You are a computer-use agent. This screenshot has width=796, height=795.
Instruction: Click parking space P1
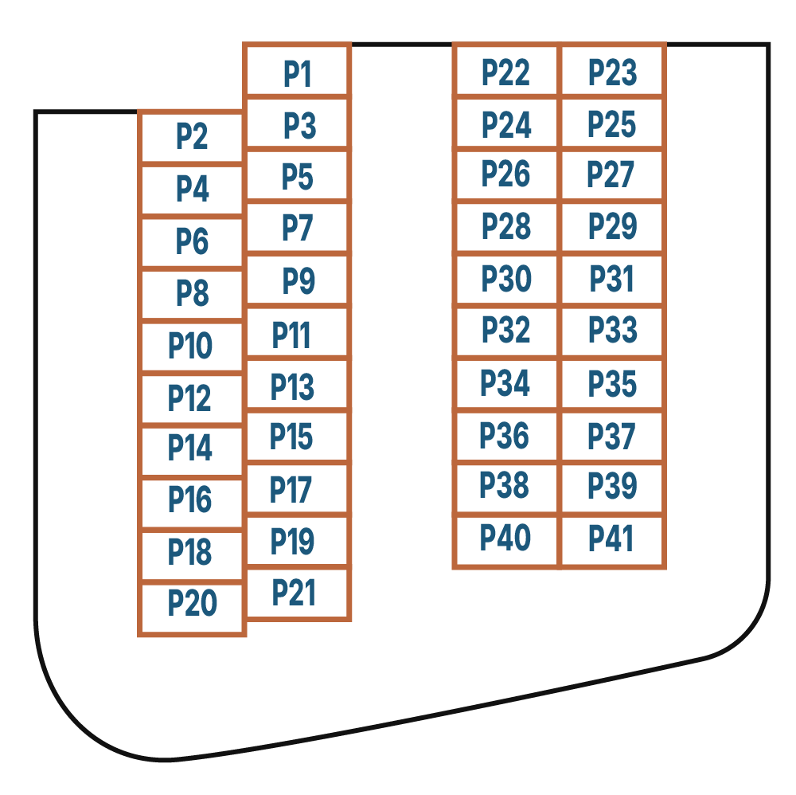coord(298,72)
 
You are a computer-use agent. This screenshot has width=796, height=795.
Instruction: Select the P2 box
coord(191,138)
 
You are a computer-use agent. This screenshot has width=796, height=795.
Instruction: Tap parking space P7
coord(298,229)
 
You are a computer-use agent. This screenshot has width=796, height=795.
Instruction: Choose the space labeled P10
coord(191,347)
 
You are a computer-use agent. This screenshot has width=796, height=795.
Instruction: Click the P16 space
coord(191,499)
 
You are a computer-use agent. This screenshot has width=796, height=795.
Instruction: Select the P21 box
coord(296,593)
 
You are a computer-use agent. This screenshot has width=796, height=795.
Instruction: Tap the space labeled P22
coord(507,72)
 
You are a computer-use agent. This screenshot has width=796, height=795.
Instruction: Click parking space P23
coord(613,72)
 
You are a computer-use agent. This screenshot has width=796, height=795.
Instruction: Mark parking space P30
coord(507,280)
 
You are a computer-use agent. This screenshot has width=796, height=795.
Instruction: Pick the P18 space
coord(191,552)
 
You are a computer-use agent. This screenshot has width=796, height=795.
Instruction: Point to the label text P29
coord(613,228)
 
